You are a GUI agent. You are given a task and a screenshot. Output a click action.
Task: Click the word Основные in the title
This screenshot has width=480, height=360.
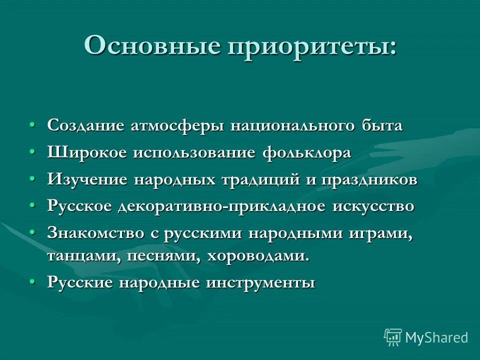pos(152,46)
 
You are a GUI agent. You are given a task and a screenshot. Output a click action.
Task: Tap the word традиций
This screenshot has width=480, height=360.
pos(263,179)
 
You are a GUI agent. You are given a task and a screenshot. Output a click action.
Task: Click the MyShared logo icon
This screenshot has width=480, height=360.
pos(393,337)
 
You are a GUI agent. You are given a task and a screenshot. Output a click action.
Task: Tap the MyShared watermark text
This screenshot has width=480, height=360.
pos(436,337)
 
